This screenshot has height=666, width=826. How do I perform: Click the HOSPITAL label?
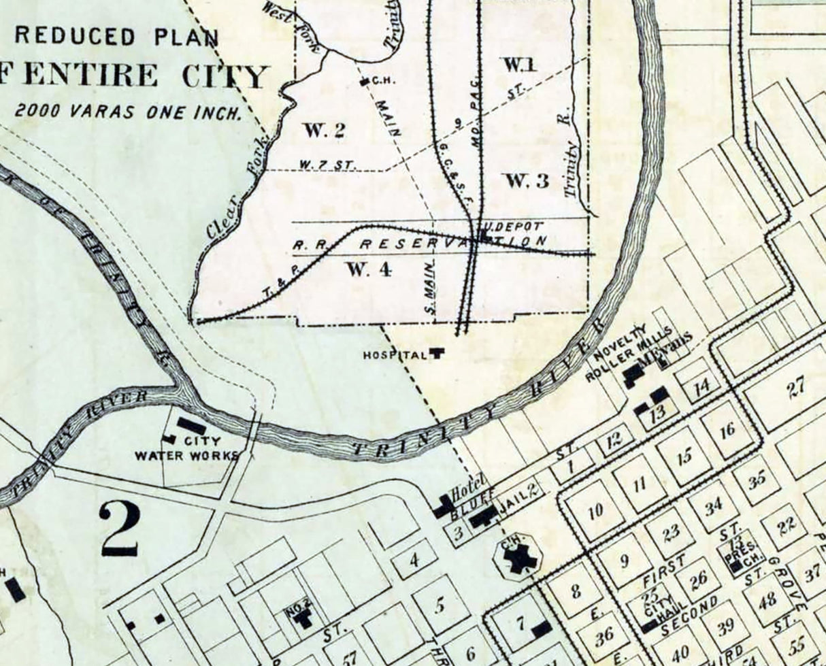click(395, 354)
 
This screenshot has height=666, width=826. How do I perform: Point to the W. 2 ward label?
click(323, 131)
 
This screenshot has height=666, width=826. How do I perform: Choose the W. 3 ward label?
click(525, 181)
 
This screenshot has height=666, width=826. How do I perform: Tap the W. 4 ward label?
click(369, 269)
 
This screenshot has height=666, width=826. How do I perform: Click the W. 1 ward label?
click(520, 65)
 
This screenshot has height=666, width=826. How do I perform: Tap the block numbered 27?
click(795, 386)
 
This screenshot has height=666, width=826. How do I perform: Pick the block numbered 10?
click(595, 511)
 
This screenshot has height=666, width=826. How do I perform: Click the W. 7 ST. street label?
click(318, 164)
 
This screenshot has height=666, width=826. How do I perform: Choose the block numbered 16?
click(727, 429)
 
